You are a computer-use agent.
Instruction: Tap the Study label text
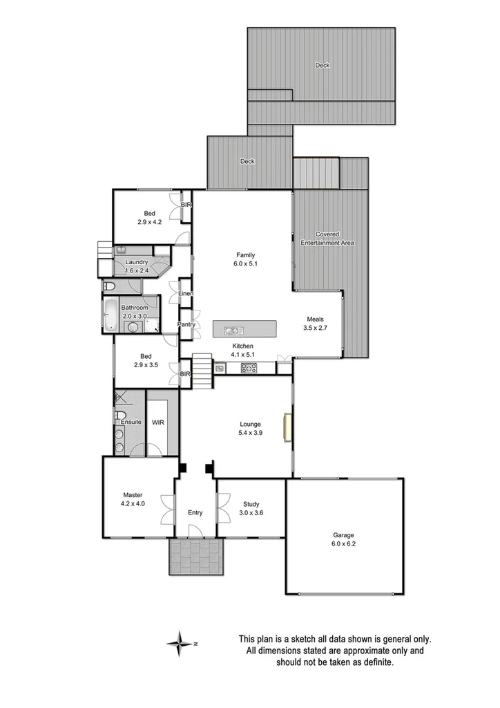point(251,508)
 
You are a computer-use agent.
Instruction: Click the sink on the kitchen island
point(233,330)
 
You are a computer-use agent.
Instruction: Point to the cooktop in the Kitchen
point(249,369)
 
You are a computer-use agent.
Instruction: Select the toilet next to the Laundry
point(109,286)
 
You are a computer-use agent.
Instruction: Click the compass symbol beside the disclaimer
point(180,643)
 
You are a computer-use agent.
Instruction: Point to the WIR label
point(157,422)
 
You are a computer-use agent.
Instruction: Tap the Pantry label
point(186,324)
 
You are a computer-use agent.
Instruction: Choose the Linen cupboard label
point(185,294)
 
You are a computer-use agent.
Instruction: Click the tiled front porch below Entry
point(196,556)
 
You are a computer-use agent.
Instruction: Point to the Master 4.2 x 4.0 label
point(133,499)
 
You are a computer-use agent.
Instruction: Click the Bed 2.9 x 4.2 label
point(149,217)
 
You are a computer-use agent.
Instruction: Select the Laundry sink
point(121,250)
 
